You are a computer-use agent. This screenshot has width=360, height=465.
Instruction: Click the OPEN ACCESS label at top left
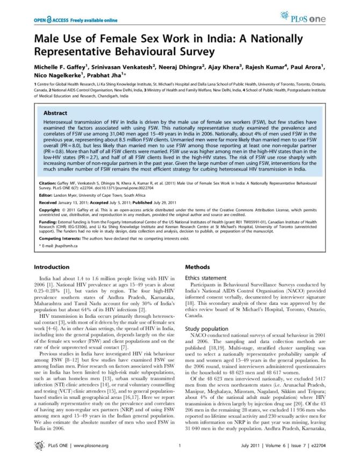46,20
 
